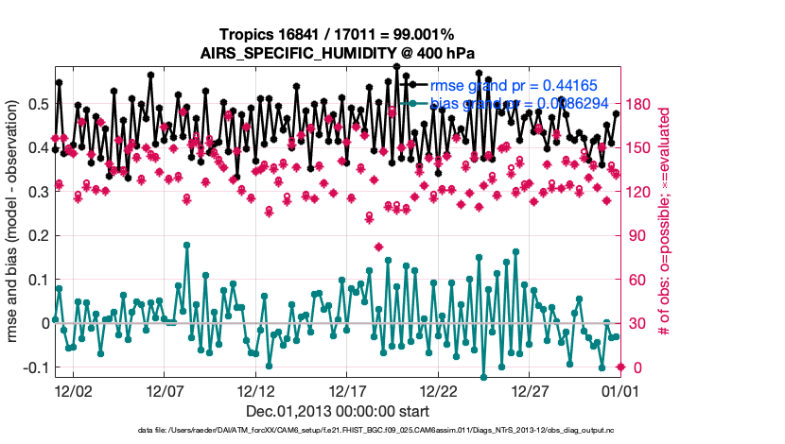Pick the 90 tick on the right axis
[637, 235]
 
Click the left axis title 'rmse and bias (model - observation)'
[15, 222]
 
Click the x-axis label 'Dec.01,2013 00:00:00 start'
[338, 412]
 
